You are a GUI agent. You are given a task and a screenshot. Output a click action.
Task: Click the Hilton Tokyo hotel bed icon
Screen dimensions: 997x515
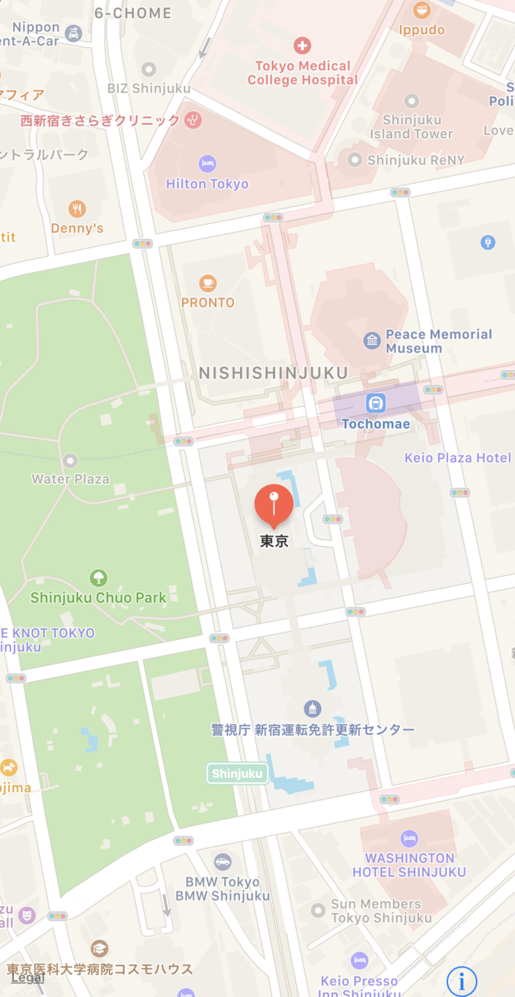coord(207,164)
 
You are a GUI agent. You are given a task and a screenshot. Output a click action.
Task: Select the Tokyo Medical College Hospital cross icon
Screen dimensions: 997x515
coord(302,46)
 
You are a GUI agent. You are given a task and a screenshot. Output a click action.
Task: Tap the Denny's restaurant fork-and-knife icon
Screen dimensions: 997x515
coord(77,209)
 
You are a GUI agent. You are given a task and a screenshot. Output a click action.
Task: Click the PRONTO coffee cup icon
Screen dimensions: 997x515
coord(207,283)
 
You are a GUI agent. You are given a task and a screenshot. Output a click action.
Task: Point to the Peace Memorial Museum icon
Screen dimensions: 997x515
coord(372,341)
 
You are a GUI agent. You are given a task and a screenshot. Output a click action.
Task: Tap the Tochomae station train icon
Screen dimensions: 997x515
coord(376,404)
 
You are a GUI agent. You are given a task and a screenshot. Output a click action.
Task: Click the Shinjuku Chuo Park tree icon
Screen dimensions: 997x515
coord(98,578)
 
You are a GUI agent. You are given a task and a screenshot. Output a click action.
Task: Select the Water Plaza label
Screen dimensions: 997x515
coord(70,479)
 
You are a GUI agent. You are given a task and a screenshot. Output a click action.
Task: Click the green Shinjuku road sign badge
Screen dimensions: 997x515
coord(237,773)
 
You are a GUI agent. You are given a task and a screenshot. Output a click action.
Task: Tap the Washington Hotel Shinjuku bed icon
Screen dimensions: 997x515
coord(409,839)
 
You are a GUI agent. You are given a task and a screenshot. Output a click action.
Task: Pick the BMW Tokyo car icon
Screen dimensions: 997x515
coord(223,862)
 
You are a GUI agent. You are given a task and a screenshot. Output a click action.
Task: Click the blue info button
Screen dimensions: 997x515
coord(461,981)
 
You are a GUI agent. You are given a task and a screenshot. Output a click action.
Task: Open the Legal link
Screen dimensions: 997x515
coord(28,977)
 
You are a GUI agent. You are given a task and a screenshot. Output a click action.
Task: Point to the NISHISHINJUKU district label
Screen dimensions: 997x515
coord(273,374)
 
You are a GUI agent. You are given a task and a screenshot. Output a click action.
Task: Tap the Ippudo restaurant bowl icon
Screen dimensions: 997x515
coord(421,10)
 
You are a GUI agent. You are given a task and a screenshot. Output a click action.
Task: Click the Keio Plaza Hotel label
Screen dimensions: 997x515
coord(458,458)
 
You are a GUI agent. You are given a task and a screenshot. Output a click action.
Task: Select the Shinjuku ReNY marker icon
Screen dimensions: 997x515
coord(355,160)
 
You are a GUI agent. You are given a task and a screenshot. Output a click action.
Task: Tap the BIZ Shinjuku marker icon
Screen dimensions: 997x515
coord(149,69)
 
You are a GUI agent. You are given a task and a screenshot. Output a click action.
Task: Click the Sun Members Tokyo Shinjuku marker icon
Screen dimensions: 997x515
coord(318,910)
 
